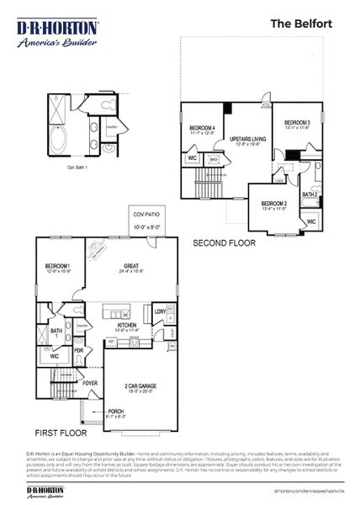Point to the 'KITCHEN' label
pyautogui.click(x=127, y=324)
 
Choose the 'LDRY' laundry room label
pyautogui.click(x=160, y=311)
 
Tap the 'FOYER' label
pyautogui.click(x=91, y=383)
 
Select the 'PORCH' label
pyautogui.click(x=115, y=412)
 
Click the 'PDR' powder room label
pyautogui.click(x=78, y=349)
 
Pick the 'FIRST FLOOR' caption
pyautogui.click(x=60, y=432)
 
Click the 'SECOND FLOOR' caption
pyautogui.click(x=224, y=242)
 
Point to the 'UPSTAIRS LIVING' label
pyautogui.click(x=248, y=138)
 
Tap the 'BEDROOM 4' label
pyautogui.click(x=202, y=127)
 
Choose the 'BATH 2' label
pyautogui.click(x=310, y=194)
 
